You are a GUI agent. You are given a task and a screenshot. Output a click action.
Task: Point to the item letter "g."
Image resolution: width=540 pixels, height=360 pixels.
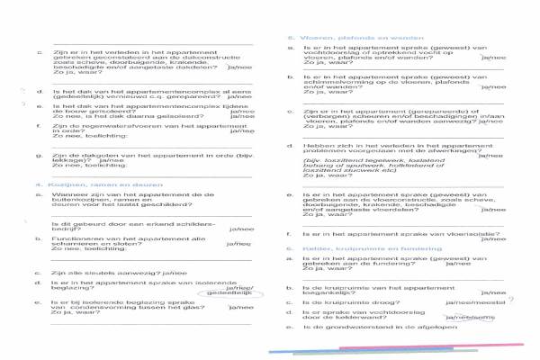pyautogui.click(x=38, y=154)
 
